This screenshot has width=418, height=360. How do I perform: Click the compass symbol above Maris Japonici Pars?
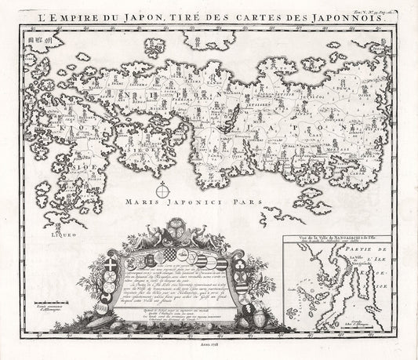pyautogui.click(x=162, y=189)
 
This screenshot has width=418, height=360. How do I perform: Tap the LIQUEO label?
pyautogui.click(x=39, y=233)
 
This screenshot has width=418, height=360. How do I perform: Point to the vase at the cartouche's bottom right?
pyautogui.click(x=253, y=317)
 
